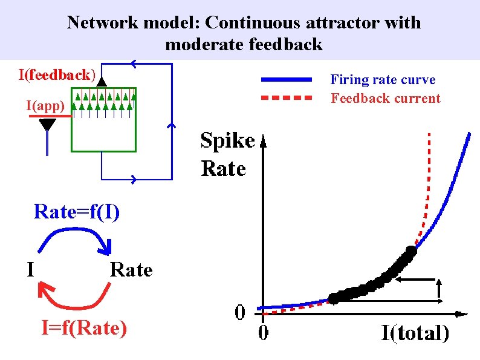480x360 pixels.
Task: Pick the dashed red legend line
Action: (287, 97)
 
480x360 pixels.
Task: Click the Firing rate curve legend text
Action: (383, 80)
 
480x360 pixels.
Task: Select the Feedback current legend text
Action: (386, 98)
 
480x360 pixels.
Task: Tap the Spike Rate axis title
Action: (227, 154)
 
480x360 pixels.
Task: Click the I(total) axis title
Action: (415, 332)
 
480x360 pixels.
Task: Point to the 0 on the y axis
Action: (240, 313)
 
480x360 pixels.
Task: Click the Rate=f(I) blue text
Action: (77, 212)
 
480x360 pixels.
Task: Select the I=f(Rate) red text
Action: (84, 328)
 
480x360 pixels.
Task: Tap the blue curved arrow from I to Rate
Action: (76, 238)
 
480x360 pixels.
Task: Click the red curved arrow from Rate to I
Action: (76, 299)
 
